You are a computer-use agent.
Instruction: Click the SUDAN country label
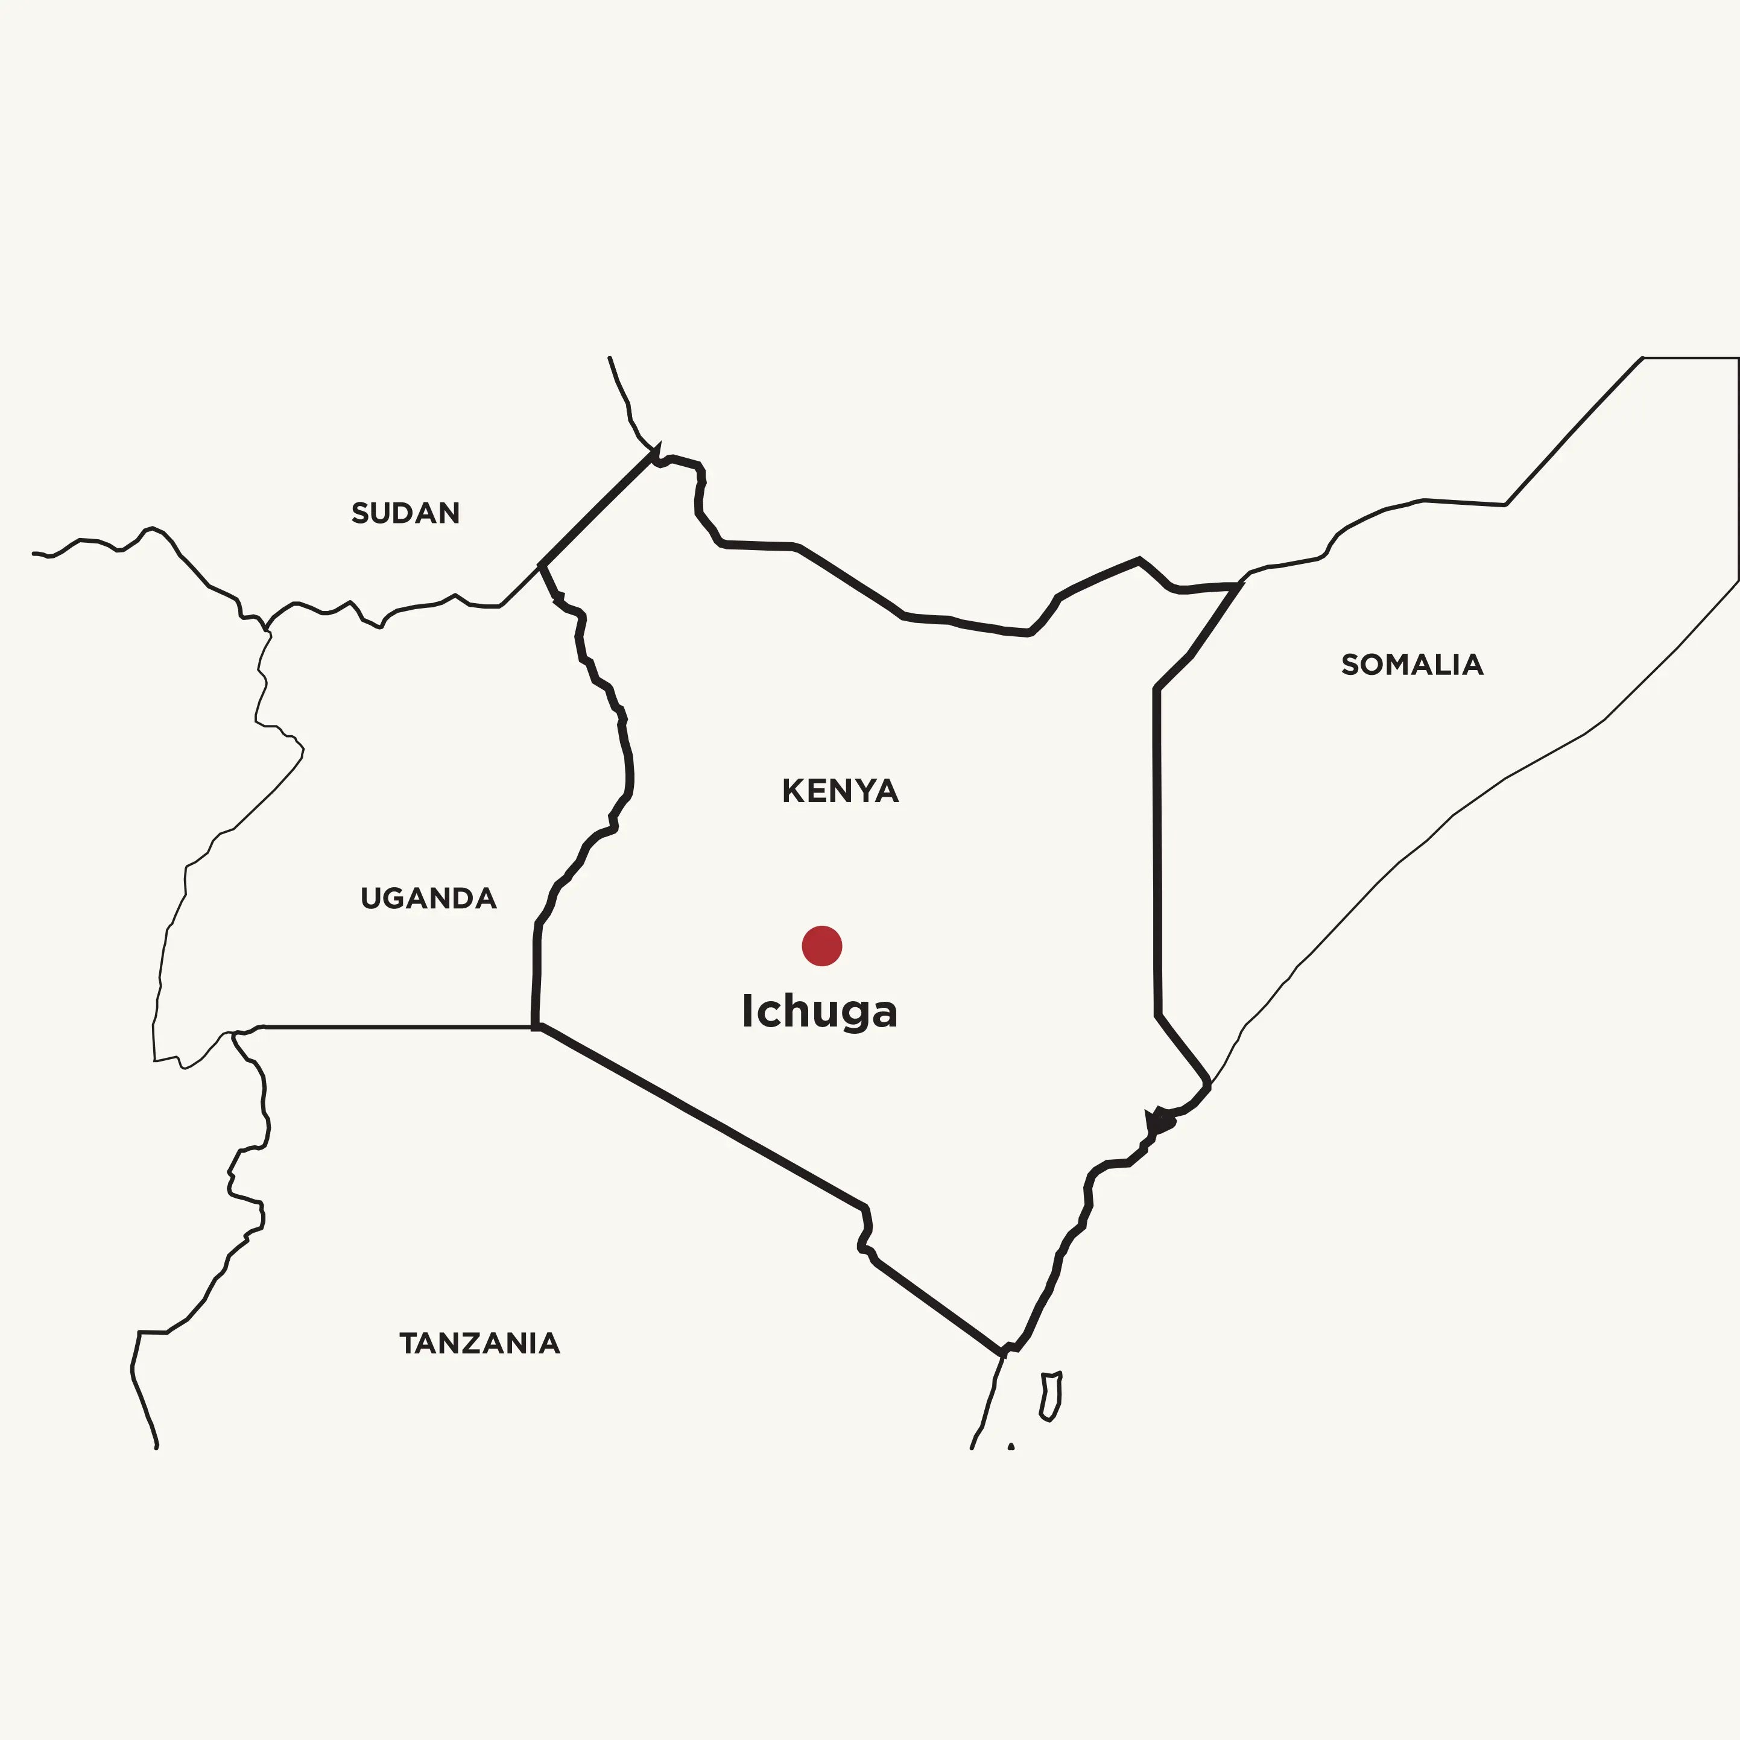click(405, 513)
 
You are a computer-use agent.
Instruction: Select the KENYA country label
click(840, 792)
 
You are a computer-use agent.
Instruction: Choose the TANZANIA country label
click(479, 1344)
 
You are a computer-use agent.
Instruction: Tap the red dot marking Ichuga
click(821, 946)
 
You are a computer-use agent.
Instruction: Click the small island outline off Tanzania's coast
click(1051, 1397)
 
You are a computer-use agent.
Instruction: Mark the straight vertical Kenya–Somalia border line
click(1157, 856)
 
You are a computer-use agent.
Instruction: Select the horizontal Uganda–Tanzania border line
click(396, 1026)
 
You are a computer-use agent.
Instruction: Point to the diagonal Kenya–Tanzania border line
click(703, 1117)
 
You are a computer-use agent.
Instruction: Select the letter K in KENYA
click(792, 792)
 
